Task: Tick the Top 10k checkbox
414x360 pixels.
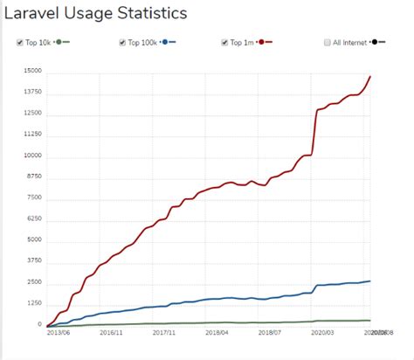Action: pos(20,42)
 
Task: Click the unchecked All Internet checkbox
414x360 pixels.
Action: pos(327,42)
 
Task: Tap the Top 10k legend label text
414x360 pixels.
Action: pos(39,42)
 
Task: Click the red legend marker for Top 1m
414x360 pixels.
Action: pos(268,42)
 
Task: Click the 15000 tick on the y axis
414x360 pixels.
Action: pos(32,72)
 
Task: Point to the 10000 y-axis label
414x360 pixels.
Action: pos(32,156)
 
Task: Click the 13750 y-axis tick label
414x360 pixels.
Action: pos(32,93)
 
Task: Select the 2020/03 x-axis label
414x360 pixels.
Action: pos(323,333)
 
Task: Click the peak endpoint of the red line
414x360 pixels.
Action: pos(370,76)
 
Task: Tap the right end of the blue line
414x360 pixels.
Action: pos(370,280)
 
